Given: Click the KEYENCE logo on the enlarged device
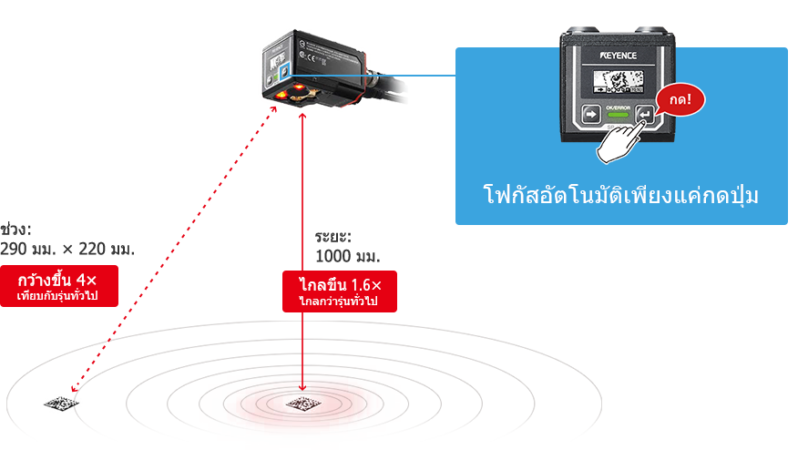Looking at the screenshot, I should (x=627, y=56).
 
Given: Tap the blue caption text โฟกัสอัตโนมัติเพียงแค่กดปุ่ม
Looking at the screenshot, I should (x=619, y=196).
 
